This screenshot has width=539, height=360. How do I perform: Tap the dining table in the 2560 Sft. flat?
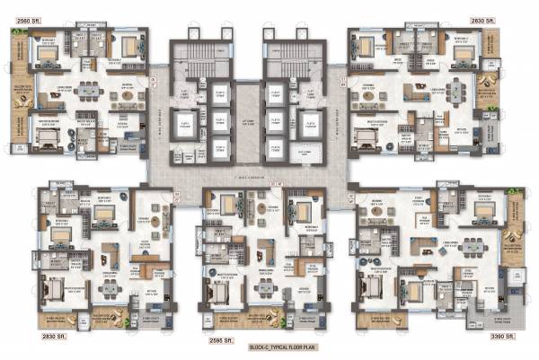(x=88, y=89)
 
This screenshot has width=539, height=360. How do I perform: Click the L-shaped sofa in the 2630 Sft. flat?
(x=419, y=90)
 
